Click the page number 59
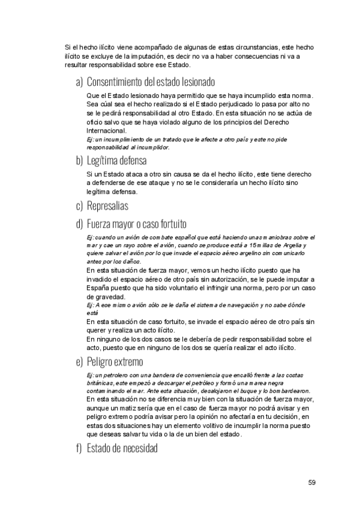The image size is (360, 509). click(312, 482)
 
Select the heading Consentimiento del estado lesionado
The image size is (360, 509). click(151, 82)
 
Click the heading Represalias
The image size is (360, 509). click(107, 206)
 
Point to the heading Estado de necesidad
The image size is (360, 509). click(124, 448)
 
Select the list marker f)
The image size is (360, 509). click(79, 448)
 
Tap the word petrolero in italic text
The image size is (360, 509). click(110, 375)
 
